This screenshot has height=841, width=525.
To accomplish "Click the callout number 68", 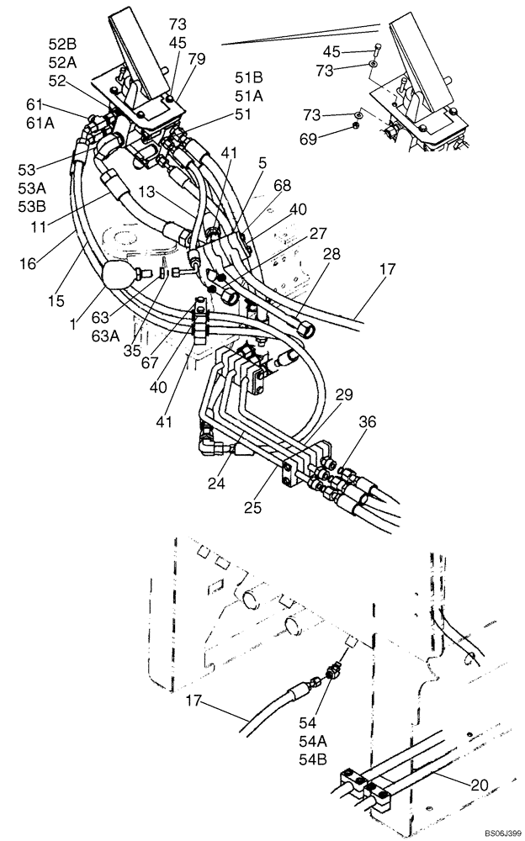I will [283, 186].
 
